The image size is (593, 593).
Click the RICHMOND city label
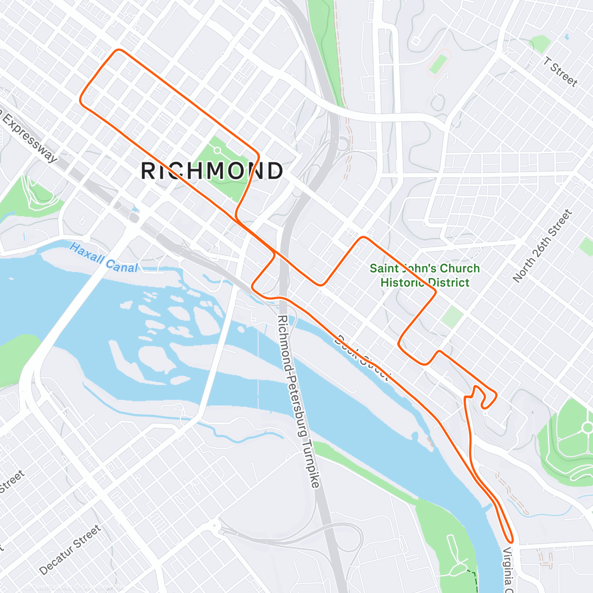(x=212, y=171)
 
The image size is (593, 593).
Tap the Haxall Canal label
(x=104, y=257)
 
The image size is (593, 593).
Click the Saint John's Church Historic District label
(x=424, y=275)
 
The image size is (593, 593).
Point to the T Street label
(x=560, y=72)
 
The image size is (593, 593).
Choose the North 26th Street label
(x=542, y=246)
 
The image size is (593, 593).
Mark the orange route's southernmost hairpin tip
(x=510, y=541)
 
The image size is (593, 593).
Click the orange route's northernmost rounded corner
(x=118, y=50)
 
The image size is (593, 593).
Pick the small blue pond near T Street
(x=566, y=37)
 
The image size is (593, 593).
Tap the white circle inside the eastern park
(x=587, y=427)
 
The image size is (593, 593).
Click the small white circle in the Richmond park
(x=217, y=150)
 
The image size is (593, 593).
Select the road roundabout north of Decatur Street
(x=213, y=525)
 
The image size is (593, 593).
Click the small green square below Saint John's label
(x=452, y=317)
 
